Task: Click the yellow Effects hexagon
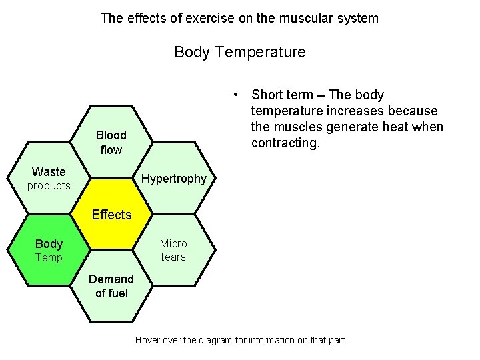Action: pos(111,214)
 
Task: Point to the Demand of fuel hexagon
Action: pos(111,286)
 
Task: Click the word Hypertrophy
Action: pos(175,179)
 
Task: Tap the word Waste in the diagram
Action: pos(49,172)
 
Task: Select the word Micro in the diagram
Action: pos(173,244)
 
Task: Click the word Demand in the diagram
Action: pos(111,279)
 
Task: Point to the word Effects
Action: pos(111,215)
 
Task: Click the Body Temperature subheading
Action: pos(240,52)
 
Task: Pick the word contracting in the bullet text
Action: pos(285,143)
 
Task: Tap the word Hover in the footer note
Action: pos(148,340)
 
